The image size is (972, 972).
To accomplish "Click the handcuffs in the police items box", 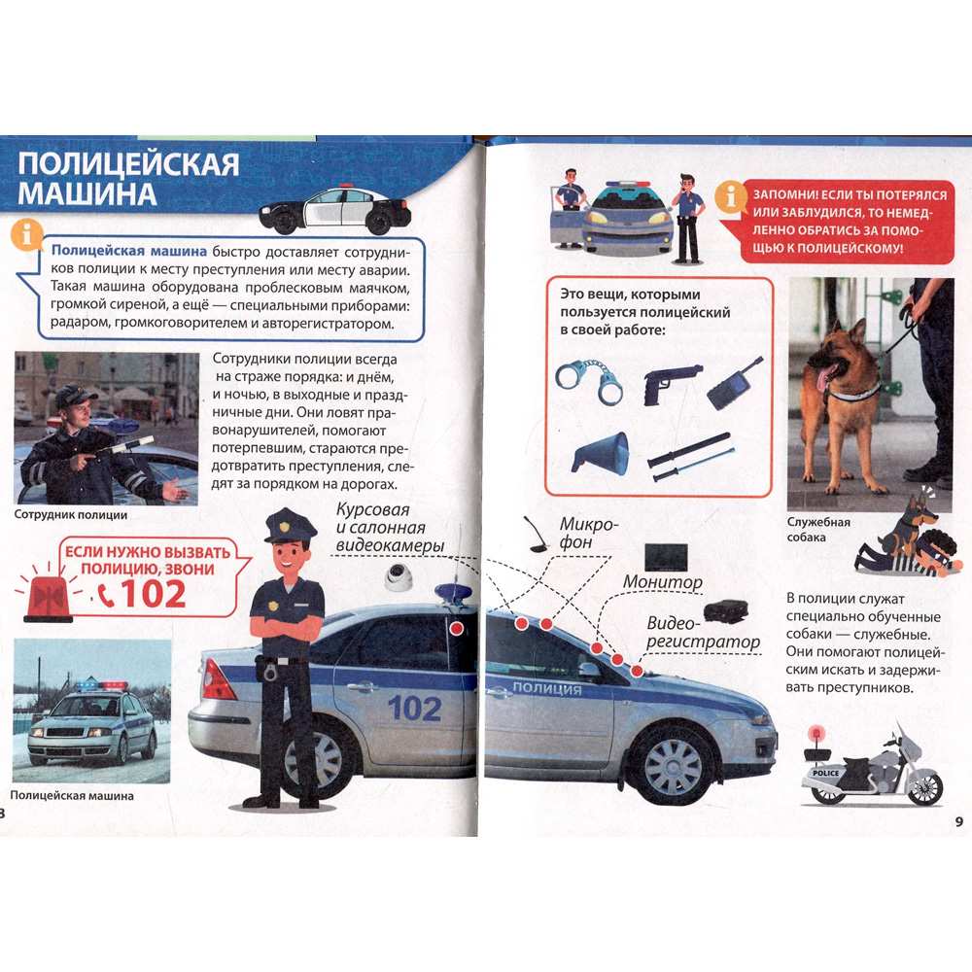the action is [x=588, y=381].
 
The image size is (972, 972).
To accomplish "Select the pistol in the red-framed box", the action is [x=672, y=384].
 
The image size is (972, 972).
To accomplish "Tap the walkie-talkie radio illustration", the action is [x=734, y=384].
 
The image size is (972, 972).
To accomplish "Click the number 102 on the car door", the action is [x=414, y=709].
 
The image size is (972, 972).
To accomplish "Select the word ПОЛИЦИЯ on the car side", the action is [x=546, y=687].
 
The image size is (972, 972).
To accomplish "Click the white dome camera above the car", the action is [x=398, y=577].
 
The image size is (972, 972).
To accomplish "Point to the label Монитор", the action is [x=662, y=582].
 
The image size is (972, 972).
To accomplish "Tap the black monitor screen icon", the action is [x=666, y=557].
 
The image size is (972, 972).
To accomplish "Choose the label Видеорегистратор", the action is [x=703, y=633].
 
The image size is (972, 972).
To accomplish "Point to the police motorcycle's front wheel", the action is [x=925, y=788].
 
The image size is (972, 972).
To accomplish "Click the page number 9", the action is [x=959, y=821].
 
